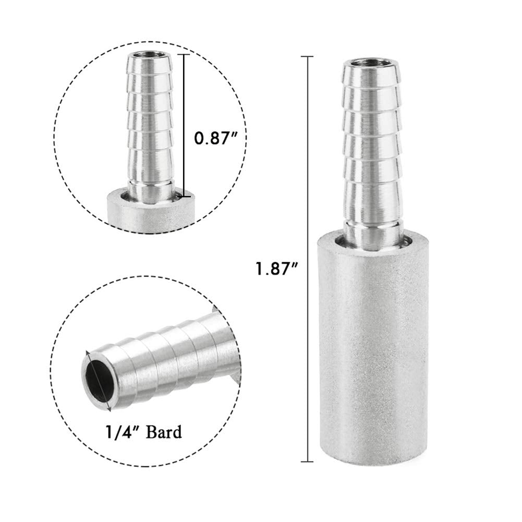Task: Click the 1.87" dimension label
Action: (x=276, y=270)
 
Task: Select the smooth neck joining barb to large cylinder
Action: (x=372, y=229)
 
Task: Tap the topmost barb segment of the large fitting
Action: (x=372, y=78)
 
